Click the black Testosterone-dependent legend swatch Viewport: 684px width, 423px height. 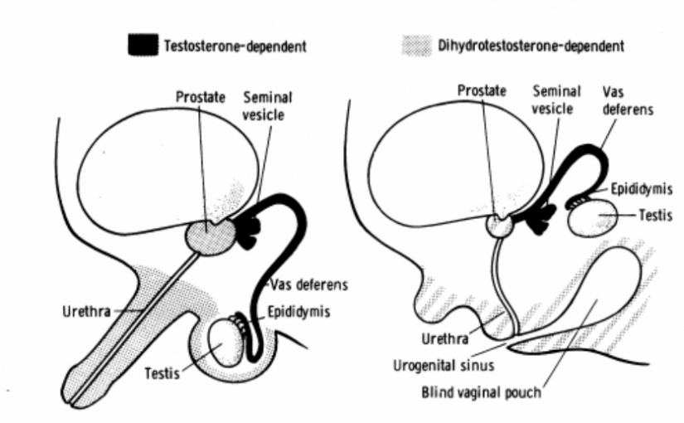click(x=143, y=45)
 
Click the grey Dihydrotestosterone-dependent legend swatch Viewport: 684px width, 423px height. click(x=417, y=46)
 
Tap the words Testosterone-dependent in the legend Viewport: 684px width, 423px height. click(x=235, y=46)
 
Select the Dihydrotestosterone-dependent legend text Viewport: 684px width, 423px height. click(x=531, y=46)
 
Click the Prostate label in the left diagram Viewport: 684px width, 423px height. click(x=201, y=97)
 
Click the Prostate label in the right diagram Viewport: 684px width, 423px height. click(x=482, y=90)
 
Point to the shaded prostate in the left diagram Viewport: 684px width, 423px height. click(x=211, y=237)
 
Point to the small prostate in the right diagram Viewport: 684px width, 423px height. click(x=498, y=226)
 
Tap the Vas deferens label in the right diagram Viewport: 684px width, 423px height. click(x=628, y=100)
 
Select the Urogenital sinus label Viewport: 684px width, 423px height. click(x=444, y=366)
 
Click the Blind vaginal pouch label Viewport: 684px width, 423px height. click(x=481, y=392)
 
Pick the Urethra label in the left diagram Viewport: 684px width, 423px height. click(x=86, y=312)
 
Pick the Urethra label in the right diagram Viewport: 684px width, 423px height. click(x=445, y=338)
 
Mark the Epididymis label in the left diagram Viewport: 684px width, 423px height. click(x=298, y=312)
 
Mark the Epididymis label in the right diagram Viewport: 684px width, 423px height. click(x=641, y=188)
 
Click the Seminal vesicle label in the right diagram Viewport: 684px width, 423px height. click(x=555, y=100)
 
